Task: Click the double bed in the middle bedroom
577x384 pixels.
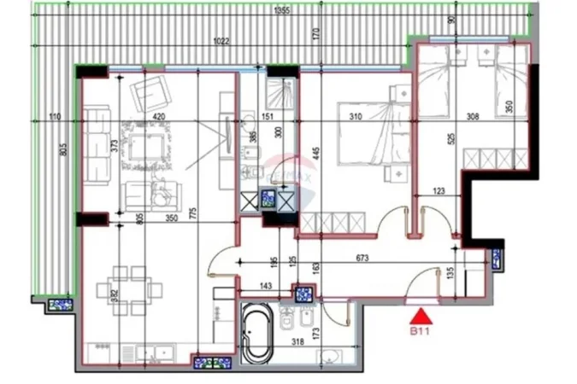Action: point(368,137)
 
